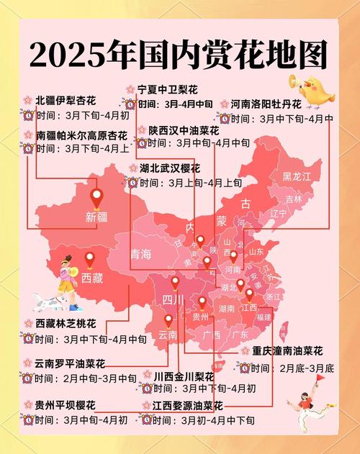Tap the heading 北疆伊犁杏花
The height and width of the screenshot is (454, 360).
[66, 99]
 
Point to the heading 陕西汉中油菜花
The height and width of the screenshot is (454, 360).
[184, 130]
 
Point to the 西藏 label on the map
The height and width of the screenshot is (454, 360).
[92, 277]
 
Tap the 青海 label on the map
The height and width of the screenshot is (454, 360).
[141, 254]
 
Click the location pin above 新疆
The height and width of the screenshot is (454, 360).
[96, 196]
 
